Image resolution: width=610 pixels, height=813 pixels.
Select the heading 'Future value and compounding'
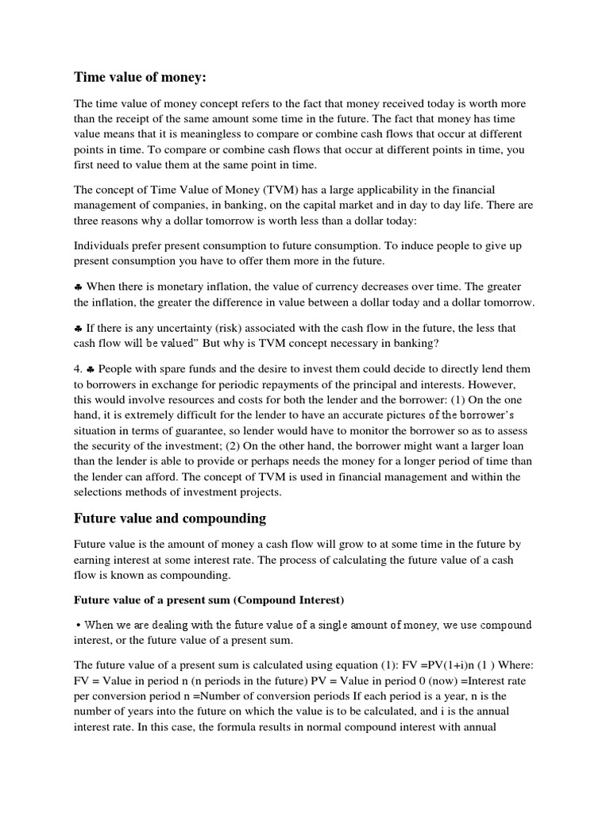point(170,518)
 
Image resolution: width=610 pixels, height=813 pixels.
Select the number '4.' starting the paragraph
point(79,369)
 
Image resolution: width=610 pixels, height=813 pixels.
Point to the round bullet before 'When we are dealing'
point(78,624)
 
